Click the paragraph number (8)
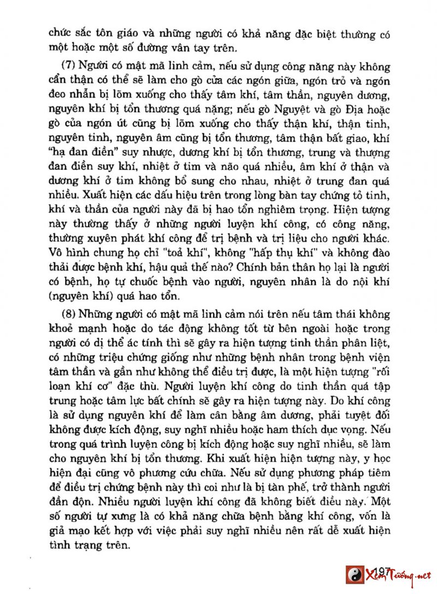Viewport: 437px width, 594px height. pos(68,315)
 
